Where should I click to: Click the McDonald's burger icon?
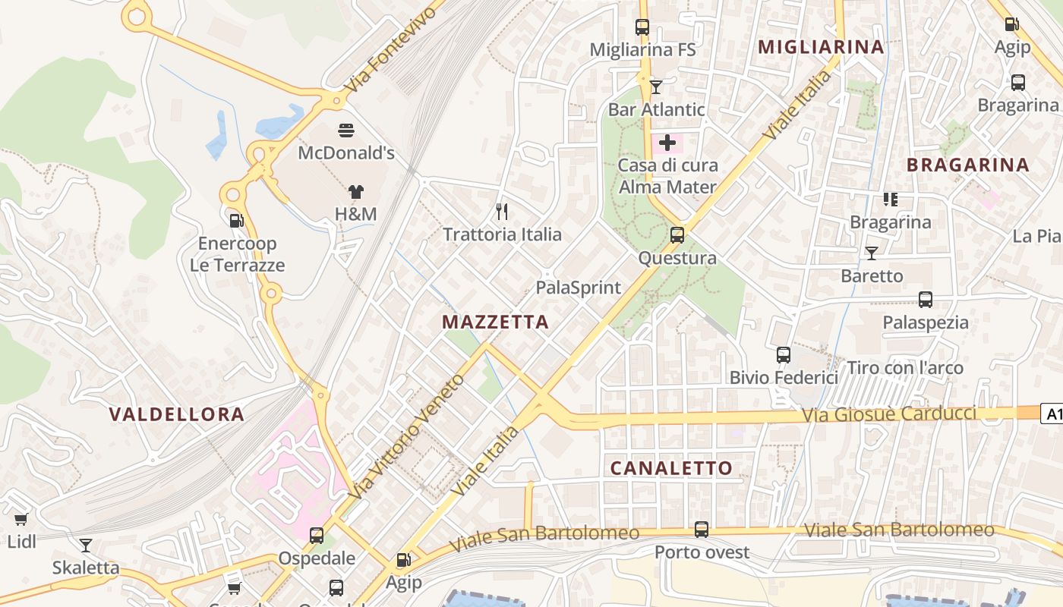pyautogui.click(x=346, y=131)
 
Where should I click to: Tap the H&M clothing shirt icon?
pyautogui.click(x=355, y=193)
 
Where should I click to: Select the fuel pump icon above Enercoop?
pyautogui.click(x=237, y=221)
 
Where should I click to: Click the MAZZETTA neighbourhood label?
pyautogui.click(x=495, y=322)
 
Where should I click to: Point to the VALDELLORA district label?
pyautogui.click(x=176, y=414)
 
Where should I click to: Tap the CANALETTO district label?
pyautogui.click(x=671, y=468)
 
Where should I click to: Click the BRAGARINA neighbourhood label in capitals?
pyautogui.click(x=967, y=165)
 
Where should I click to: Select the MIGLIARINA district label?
pyautogui.click(x=821, y=47)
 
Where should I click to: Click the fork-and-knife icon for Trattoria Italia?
pyautogui.click(x=501, y=212)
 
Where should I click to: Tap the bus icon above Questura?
pyautogui.click(x=677, y=235)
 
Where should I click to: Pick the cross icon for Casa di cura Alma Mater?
pyautogui.click(x=667, y=143)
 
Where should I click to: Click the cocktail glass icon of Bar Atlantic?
pyautogui.click(x=656, y=87)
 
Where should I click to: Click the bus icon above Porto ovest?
pyautogui.click(x=702, y=530)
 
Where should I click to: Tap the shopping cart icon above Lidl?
pyautogui.click(x=21, y=520)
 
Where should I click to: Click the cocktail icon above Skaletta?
pyautogui.click(x=86, y=545)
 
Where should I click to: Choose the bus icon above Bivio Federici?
pyautogui.click(x=784, y=354)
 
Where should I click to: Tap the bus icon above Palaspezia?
pyautogui.click(x=925, y=300)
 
